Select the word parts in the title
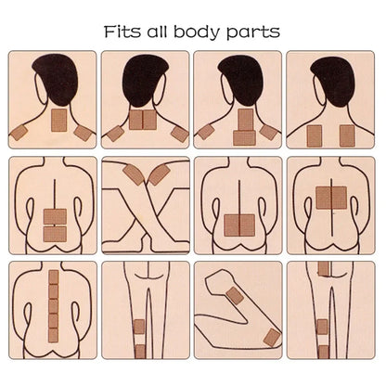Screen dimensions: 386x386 253,33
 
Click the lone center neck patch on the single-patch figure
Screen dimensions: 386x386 58,120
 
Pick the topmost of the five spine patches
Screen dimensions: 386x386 54,277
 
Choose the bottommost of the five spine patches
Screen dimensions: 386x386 54,335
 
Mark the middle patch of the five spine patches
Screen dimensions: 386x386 54,306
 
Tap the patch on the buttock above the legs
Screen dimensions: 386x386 323,268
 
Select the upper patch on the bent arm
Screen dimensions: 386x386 235,295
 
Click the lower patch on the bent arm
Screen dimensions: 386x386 272,338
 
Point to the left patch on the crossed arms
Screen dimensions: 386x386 134,174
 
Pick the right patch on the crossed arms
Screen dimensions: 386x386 160,174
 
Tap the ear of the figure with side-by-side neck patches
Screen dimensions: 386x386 161,89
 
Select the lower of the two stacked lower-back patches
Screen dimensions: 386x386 55,234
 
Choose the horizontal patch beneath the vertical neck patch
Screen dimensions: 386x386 244,138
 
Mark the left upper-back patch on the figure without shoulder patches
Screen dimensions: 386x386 315,135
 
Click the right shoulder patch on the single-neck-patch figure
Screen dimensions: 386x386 82,134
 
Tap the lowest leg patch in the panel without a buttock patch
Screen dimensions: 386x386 140,352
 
